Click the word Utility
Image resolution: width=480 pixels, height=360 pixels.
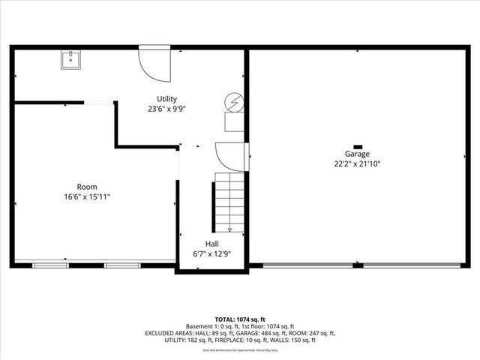click(166, 99)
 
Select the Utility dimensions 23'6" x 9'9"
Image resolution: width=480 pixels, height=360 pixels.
click(166, 109)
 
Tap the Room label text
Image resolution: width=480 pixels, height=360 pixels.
click(87, 187)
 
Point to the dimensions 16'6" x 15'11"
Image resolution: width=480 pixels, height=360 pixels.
click(87, 196)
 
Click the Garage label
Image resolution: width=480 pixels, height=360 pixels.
click(357, 154)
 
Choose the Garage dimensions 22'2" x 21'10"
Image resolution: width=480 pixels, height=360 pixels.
click(357, 163)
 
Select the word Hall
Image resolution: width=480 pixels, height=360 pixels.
click(212, 244)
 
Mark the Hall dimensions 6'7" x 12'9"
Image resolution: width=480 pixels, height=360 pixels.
click(212, 253)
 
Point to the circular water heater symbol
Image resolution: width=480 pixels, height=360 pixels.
click(235, 102)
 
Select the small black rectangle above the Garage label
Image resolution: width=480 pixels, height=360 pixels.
click(357, 146)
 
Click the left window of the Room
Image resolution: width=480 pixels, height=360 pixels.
click(51, 265)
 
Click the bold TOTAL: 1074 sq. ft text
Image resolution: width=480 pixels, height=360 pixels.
click(239, 319)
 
